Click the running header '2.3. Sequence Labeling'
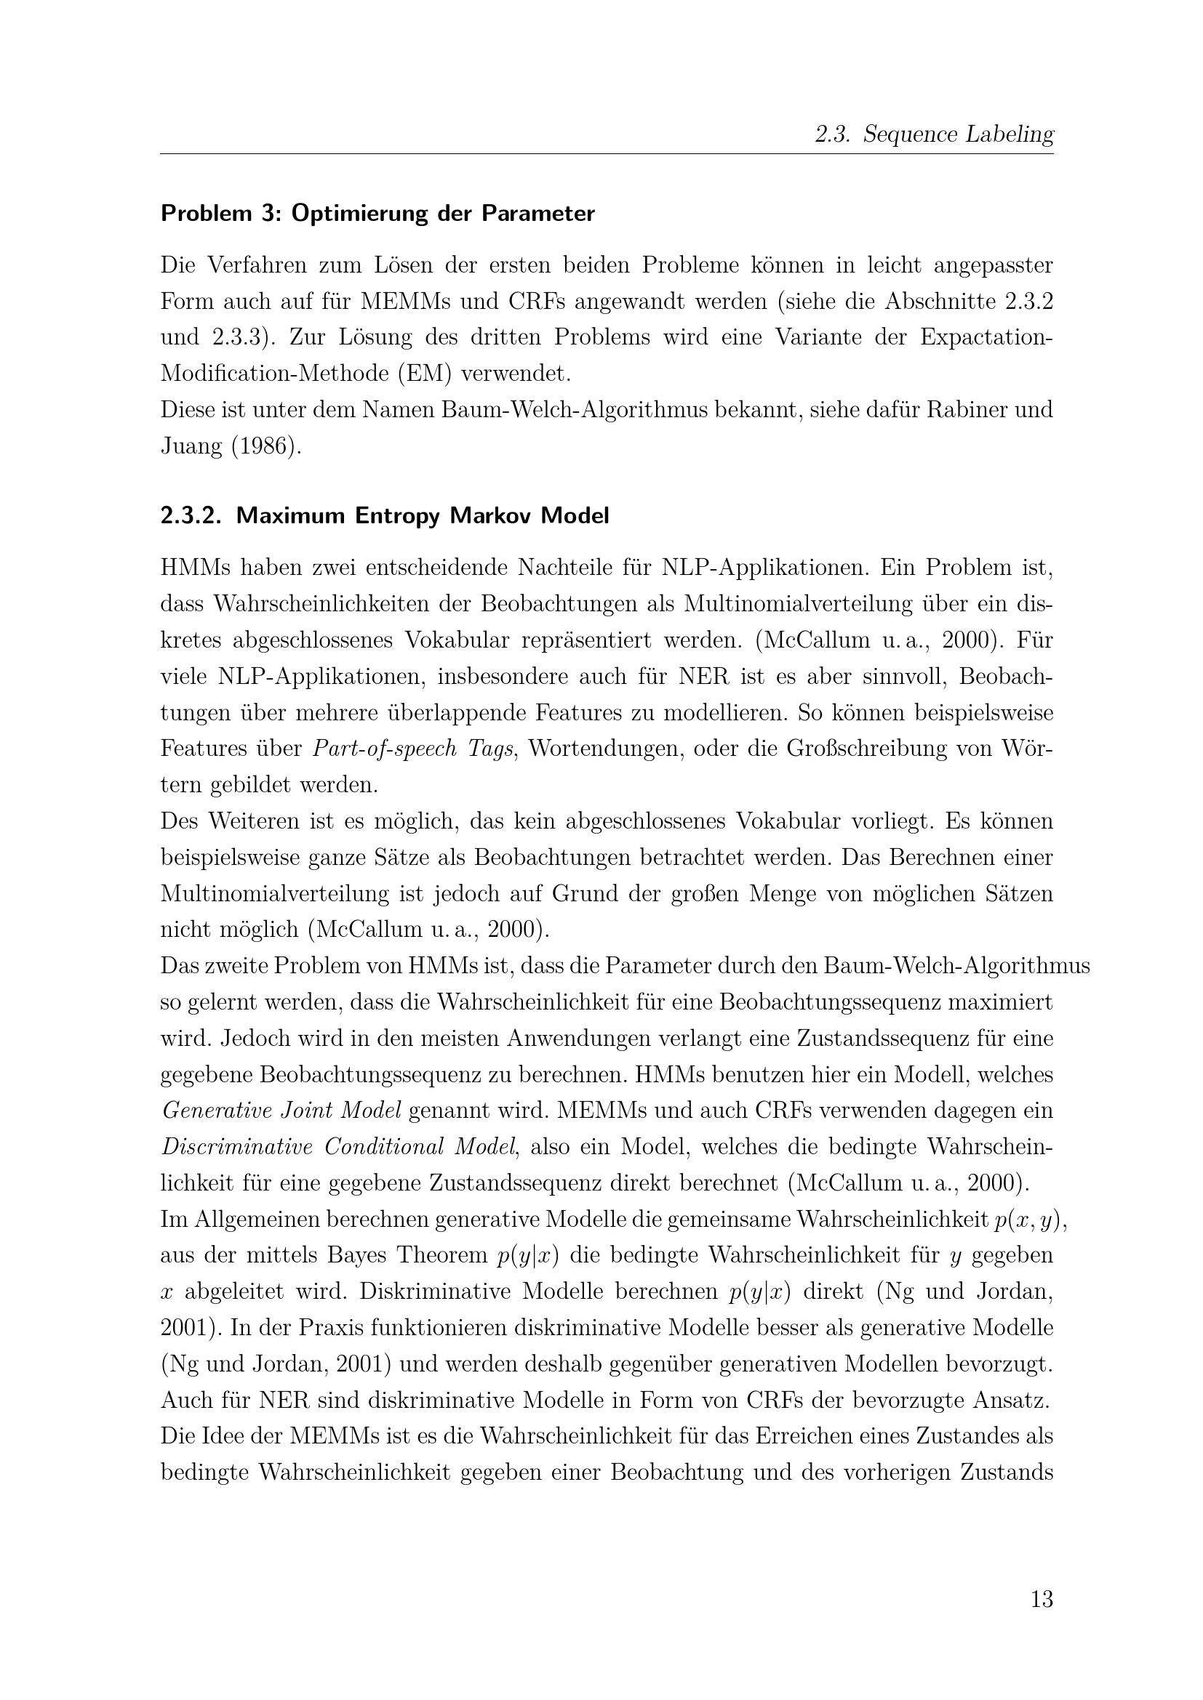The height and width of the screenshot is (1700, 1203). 933,134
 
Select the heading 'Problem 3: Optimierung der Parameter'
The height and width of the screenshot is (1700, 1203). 377,214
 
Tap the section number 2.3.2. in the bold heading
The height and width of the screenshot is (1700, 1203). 191,516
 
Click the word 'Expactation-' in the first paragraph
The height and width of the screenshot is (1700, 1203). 986,337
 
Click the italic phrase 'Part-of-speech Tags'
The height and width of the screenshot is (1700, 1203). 413,749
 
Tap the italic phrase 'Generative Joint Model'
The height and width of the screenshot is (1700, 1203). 281,1111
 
